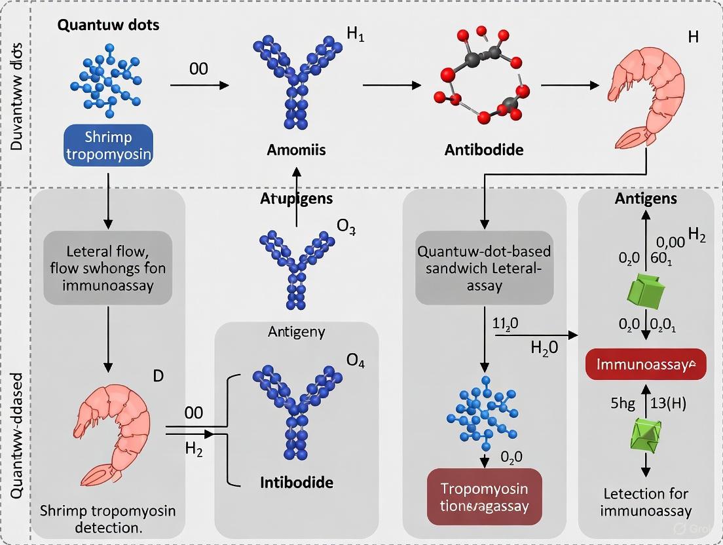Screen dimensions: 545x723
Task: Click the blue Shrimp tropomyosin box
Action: click(x=108, y=145)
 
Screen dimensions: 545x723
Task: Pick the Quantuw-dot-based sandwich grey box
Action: click(x=485, y=268)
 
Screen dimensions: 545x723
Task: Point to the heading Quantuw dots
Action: click(x=108, y=26)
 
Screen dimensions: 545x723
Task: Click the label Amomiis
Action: click(x=296, y=149)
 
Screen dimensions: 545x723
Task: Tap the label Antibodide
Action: click(x=483, y=149)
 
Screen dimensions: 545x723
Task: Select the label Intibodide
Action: click(x=296, y=483)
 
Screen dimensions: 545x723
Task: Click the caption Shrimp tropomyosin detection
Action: click(x=108, y=518)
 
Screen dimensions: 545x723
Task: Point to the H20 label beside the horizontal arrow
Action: click(x=544, y=348)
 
